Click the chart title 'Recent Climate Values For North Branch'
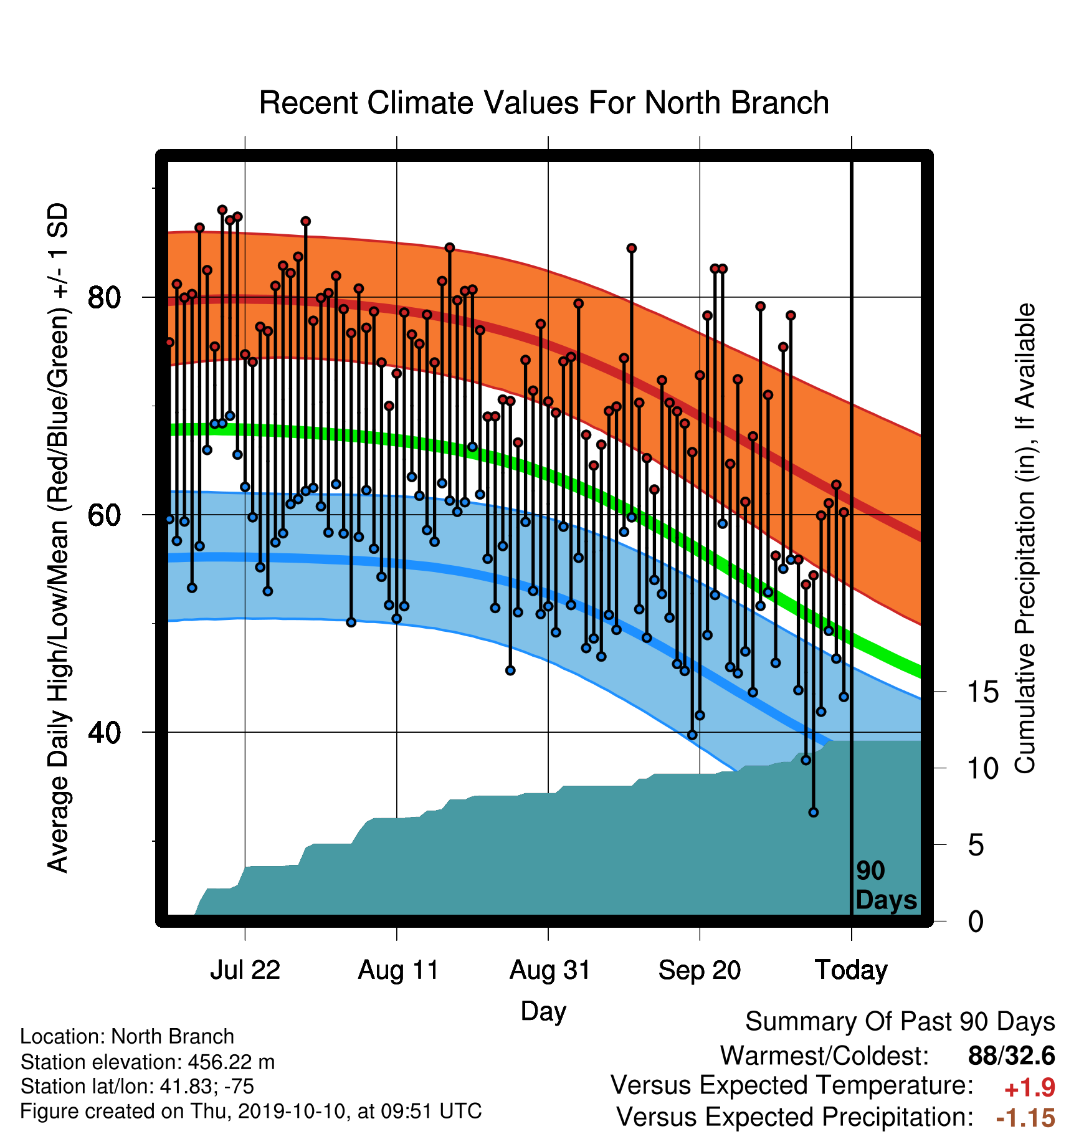[x=544, y=103]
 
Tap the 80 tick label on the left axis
[x=105, y=298]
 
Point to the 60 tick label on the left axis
[x=105, y=515]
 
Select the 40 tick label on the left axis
[x=105, y=733]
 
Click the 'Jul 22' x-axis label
[x=245, y=970]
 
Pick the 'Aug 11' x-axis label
[x=398, y=970]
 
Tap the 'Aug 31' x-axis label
[x=549, y=970]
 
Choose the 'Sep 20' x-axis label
[x=700, y=970]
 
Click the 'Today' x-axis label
[x=852, y=970]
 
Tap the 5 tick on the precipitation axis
[x=976, y=846]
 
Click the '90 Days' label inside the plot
[x=886, y=885]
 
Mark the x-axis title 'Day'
[x=543, y=1011]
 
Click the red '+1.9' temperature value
[x=1029, y=1088]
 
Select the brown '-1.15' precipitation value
[x=1025, y=1118]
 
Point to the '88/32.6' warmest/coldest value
[x=1012, y=1056]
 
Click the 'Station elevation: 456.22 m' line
[x=148, y=1062]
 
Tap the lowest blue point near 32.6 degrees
[x=813, y=813]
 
